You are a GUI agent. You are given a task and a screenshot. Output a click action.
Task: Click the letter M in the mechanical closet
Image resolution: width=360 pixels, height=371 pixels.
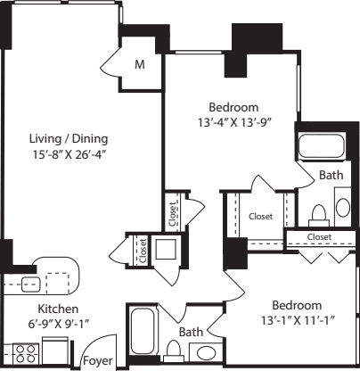click(140, 64)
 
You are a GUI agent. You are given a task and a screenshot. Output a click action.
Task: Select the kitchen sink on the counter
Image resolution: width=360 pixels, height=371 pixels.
click(29, 284)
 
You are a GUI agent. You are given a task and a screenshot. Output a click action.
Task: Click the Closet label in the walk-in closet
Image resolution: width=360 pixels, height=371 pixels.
click(260, 216)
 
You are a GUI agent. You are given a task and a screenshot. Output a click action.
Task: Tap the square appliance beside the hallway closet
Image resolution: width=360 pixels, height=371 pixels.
click(166, 247)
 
